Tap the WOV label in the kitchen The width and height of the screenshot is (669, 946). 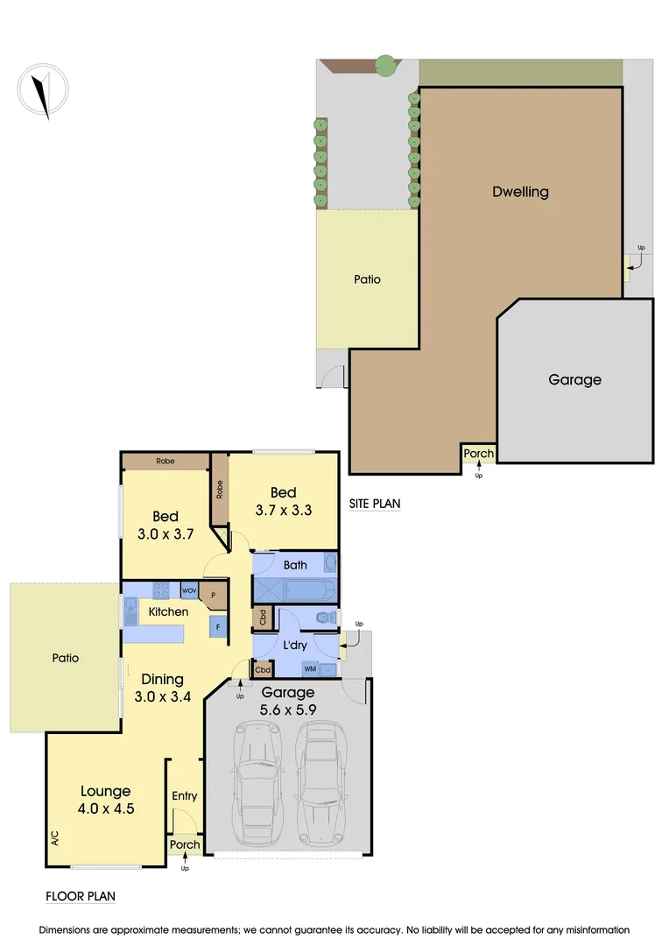pos(189,591)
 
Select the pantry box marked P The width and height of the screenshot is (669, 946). pos(213,595)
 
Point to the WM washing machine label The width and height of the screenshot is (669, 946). pos(310,669)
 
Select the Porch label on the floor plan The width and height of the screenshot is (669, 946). pos(185,845)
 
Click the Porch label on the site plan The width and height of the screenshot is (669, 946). pos(478,454)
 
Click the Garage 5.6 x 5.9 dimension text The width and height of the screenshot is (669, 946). pos(287,701)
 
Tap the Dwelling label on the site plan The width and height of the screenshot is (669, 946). pos(520,191)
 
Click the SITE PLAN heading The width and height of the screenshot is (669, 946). pos(375,504)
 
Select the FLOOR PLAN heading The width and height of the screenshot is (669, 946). pos(80,896)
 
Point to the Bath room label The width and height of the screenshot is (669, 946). pos(294,565)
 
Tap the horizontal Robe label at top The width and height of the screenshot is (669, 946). pos(165,461)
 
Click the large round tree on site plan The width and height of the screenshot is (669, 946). pos(384,65)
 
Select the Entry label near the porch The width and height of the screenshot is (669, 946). pos(185,796)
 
